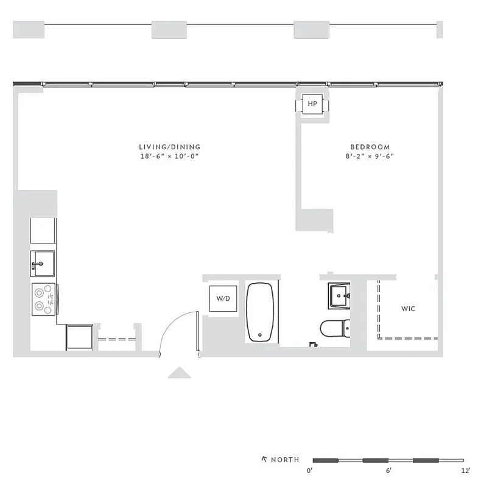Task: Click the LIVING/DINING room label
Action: click(x=169, y=147)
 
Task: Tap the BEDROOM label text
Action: click(x=370, y=147)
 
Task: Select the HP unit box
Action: click(x=312, y=105)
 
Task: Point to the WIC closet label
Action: click(x=408, y=309)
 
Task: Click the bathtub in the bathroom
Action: click(x=261, y=312)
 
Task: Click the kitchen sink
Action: click(x=43, y=264)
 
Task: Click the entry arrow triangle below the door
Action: click(x=180, y=373)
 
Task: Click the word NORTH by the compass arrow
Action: click(x=285, y=460)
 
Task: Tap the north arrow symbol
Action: click(x=264, y=459)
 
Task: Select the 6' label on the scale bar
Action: click(x=388, y=471)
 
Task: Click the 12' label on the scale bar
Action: click(x=466, y=471)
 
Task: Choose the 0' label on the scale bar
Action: click(x=310, y=471)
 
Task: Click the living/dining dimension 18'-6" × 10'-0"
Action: click(x=169, y=156)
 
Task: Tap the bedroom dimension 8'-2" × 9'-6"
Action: click(x=370, y=156)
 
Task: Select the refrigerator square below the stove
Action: click(x=79, y=337)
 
